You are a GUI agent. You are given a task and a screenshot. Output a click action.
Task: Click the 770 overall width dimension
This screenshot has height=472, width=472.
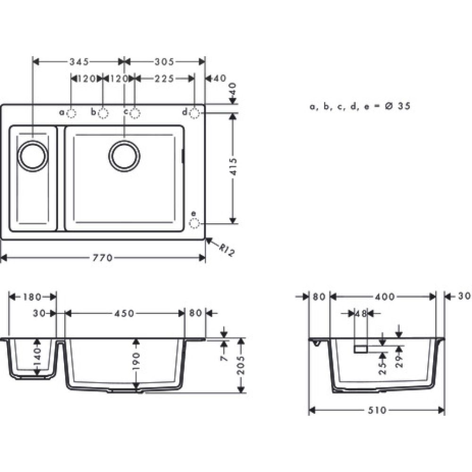click(x=103, y=258)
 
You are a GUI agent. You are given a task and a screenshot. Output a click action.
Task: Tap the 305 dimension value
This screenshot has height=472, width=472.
click(x=164, y=61)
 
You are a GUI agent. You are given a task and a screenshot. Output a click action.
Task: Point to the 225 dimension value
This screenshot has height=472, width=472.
click(x=164, y=78)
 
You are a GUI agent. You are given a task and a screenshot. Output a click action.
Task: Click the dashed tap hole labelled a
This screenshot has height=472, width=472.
click(x=72, y=113)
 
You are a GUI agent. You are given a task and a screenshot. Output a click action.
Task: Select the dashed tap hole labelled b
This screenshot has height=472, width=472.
click(x=104, y=113)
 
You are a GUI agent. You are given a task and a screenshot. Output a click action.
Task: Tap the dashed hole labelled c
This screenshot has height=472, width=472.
click(x=135, y=113)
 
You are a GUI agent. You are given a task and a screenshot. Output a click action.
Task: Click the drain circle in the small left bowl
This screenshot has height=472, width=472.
click(x=33, y=155)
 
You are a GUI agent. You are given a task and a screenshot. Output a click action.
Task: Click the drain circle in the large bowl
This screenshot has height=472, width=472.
click(x=124, y=155)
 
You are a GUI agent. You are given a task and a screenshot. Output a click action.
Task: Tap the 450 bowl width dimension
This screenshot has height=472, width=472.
click(x=124, y=313)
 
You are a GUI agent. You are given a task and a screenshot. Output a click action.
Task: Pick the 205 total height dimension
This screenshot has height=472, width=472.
click(x=241, y=365)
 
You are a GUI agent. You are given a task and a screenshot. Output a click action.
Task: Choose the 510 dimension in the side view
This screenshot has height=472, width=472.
click(x=376, y=410)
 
